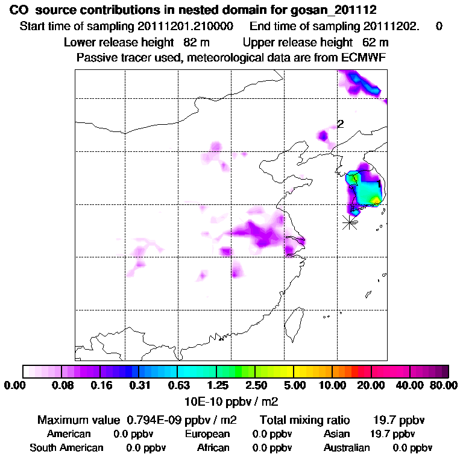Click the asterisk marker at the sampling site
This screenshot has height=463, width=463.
[349, 222]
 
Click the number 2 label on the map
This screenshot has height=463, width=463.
[341, 124]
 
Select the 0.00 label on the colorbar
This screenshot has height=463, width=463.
[16, 385]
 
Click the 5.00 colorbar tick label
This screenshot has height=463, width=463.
[294, 385]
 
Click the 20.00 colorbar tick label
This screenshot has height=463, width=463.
[371, 385]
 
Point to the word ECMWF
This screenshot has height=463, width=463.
[365, 57]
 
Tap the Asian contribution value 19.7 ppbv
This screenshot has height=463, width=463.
[392, 434]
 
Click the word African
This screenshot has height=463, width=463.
[213, 448]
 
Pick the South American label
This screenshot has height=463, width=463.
[66, 448]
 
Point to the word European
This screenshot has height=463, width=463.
[207, 434]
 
